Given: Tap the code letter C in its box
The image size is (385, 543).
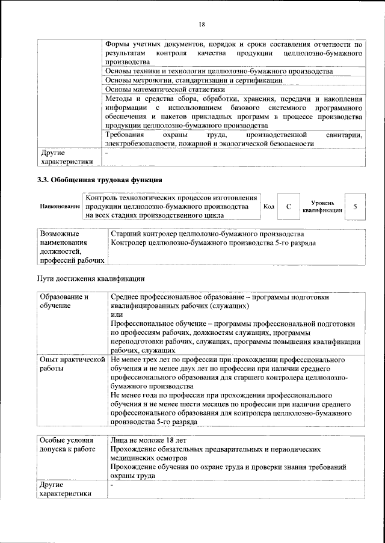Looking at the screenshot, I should tap(289, 206).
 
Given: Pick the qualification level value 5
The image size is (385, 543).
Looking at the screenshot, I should tap(356, 206).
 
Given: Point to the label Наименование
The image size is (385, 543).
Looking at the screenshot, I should tap(60, 207).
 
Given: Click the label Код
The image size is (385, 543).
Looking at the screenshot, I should tap(269, 206).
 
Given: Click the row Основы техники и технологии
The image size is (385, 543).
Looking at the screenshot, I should tap(218, 71).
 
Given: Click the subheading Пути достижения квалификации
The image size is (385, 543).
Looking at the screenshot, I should tap(90, 278).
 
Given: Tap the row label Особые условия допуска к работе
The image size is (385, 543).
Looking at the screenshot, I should tap(69, 444).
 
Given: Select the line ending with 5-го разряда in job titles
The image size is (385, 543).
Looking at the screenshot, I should tap(214, 242).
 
